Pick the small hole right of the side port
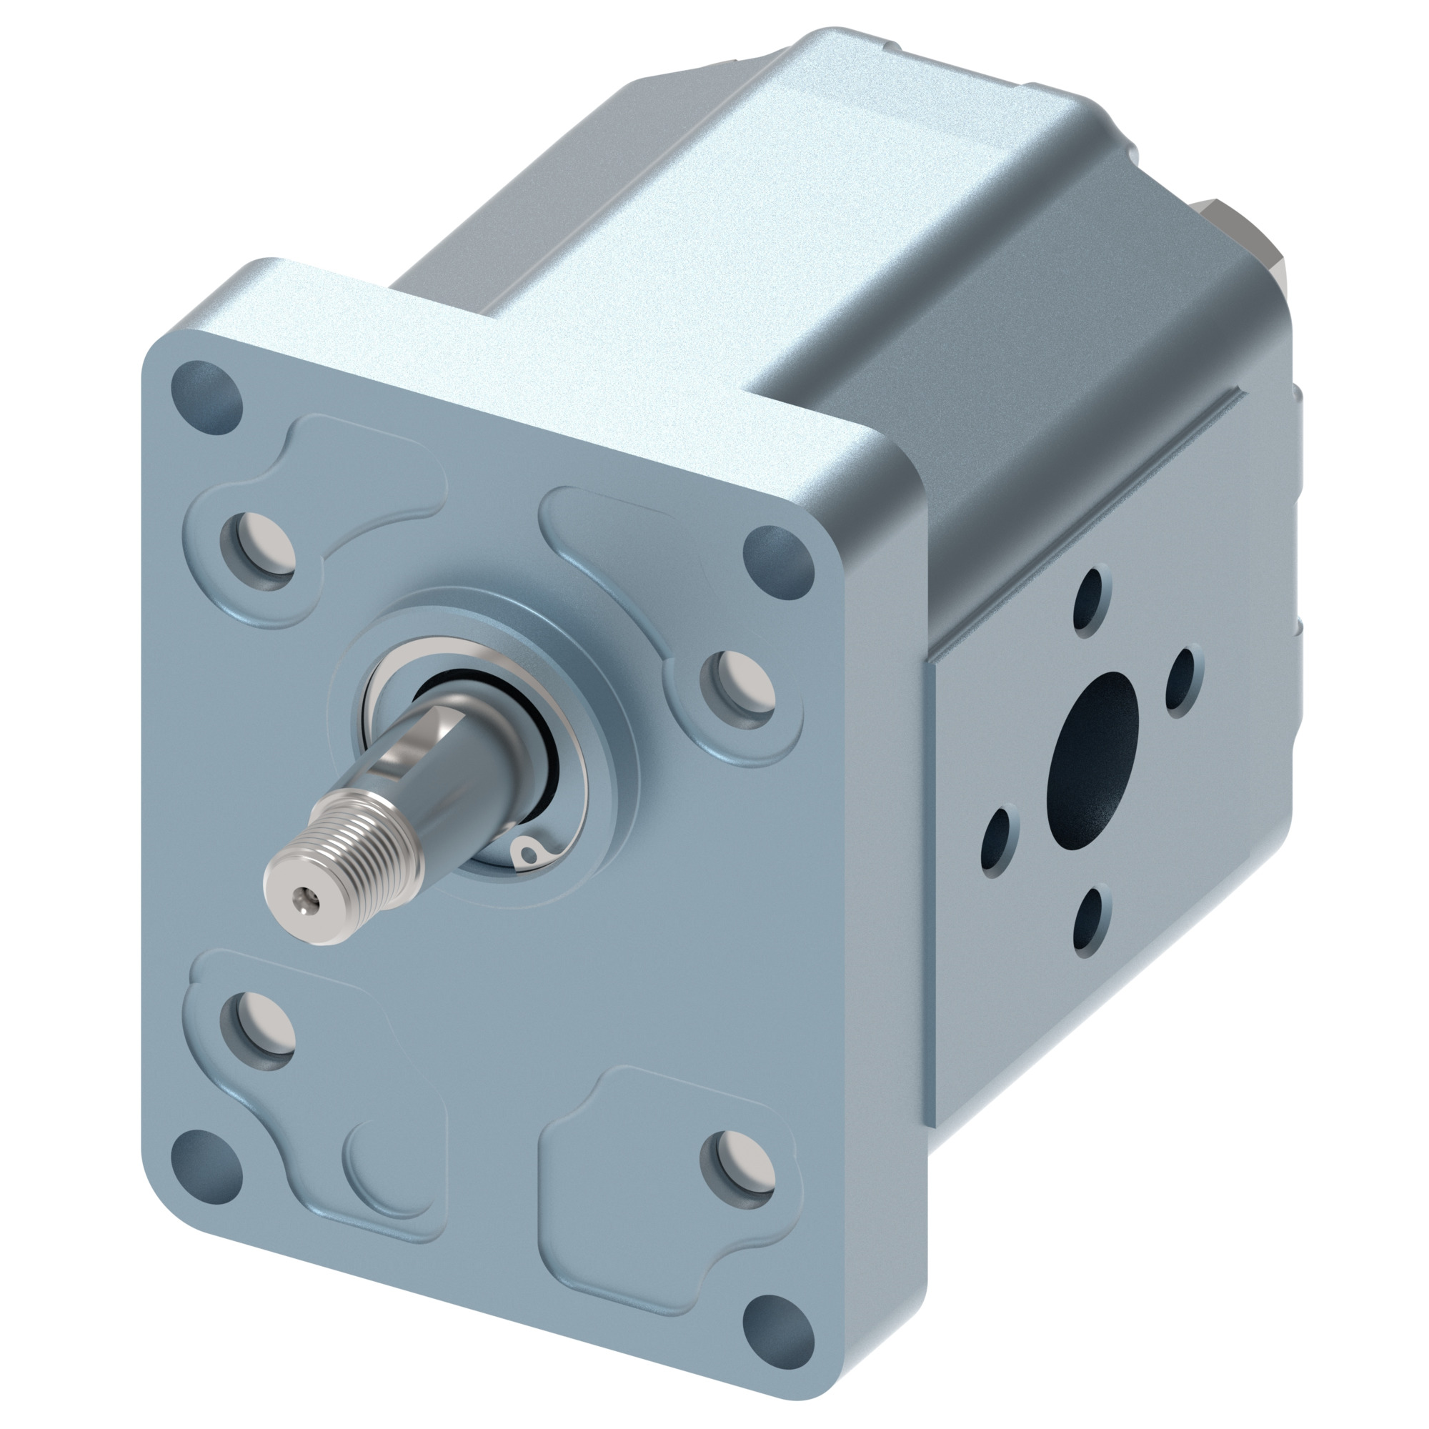[x=1182, y=677]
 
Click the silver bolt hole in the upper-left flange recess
[x=259, y=552]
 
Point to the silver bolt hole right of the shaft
[x=739, y=687]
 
